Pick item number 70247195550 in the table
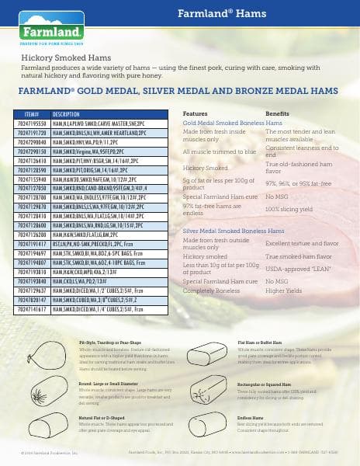[33, 123]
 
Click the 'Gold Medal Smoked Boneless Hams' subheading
[231, 123]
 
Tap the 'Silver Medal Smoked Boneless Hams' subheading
[232, 210]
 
